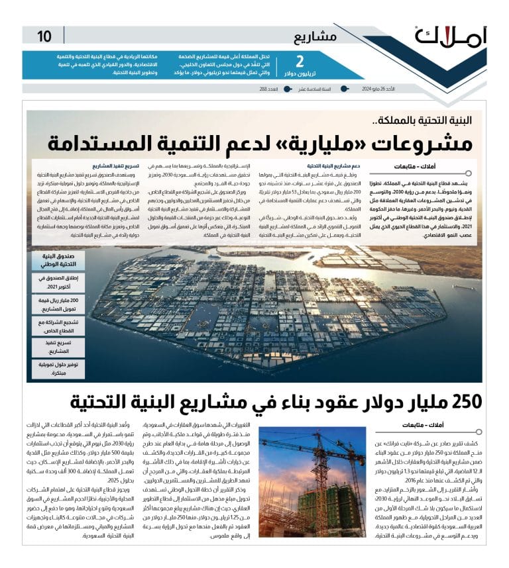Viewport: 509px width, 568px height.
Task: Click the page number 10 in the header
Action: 44,36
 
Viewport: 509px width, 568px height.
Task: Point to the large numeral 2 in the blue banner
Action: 300,62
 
